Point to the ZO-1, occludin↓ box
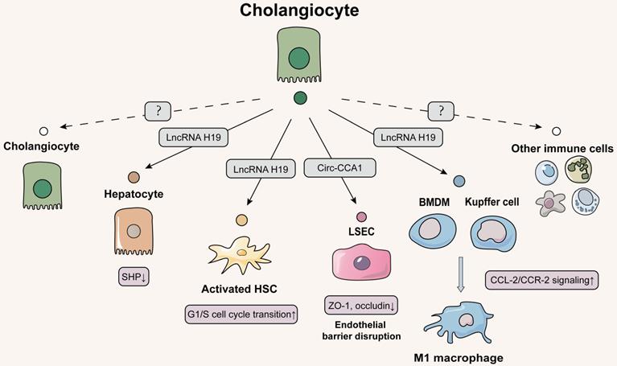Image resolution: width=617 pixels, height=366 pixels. tap(361, 306)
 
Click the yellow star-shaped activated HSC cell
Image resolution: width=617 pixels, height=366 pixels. tap(239, 253)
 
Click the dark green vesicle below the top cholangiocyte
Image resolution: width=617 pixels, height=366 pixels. tap(300, 99)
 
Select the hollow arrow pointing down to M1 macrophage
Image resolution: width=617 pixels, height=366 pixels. tap(460, 272)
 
